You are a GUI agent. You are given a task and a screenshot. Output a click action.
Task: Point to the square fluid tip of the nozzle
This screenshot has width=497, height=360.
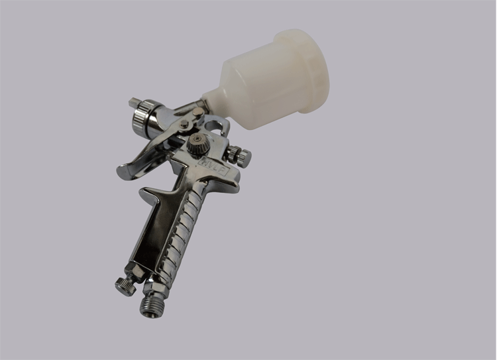tap(135, 103)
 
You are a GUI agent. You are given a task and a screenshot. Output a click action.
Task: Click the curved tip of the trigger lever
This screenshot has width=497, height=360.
tap(124, 172)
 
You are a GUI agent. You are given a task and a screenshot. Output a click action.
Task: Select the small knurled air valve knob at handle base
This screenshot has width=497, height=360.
tap(125, 287)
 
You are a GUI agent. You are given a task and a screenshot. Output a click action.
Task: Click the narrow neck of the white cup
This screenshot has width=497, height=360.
tap(216, 99)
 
